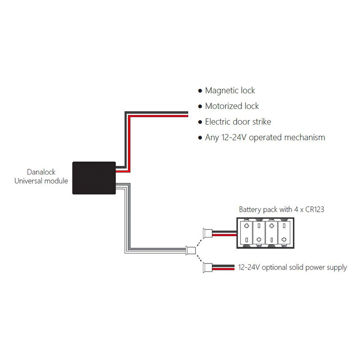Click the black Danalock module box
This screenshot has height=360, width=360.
click(94, 178)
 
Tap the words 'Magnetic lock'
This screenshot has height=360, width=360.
click(230, 90)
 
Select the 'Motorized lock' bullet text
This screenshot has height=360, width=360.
click(232, 106)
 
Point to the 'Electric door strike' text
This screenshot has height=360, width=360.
click(238, 121)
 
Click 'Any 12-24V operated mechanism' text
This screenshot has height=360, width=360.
click(265, 138)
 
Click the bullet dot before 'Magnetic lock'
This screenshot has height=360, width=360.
click(200, 91)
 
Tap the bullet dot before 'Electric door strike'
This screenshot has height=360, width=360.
click(200, 122)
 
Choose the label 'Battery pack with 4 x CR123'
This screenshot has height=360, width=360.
click(282, 209)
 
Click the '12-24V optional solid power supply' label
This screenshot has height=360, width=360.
click(292, 267)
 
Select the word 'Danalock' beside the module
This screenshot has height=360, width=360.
click(41, 172)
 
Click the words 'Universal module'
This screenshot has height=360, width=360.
click(41, 181)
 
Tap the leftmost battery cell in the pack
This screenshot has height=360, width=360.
click(246, 233)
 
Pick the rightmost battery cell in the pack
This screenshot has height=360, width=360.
click(284, 233)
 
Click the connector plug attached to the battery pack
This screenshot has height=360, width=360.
click(207, 233)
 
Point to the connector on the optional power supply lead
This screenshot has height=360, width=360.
click(207, 267)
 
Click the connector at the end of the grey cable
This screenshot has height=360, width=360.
click(190, 250)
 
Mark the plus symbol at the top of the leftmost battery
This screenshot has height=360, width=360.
click(246, 226)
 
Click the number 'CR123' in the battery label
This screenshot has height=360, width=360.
click(315, 209)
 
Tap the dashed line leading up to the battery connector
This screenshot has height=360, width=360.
click(199, 243)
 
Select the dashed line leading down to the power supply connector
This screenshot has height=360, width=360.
click(199, 258)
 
